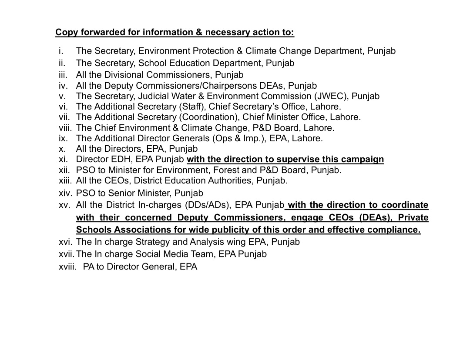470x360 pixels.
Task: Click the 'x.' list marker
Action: (x=62, y=149)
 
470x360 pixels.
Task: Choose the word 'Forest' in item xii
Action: (x=230, y=170)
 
